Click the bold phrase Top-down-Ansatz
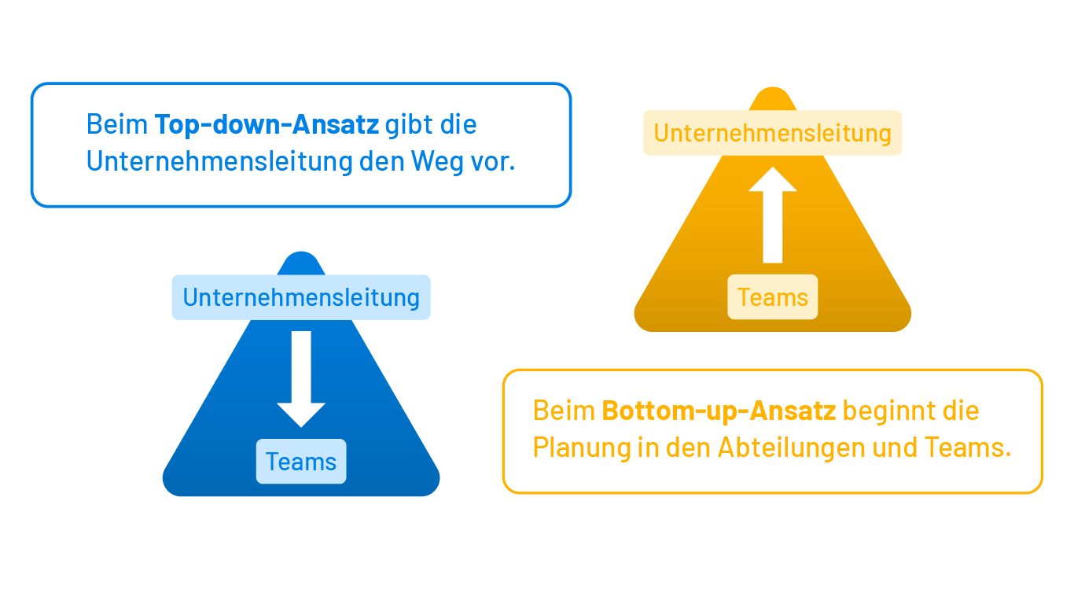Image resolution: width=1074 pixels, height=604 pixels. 267,124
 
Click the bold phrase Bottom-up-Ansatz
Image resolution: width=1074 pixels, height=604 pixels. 719,411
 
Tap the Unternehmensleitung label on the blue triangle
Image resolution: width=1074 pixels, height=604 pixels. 301,297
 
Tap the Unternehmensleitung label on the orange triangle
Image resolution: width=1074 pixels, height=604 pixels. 773,133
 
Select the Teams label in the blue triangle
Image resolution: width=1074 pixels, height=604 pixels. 301,462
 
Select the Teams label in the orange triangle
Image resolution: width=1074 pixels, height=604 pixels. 773,297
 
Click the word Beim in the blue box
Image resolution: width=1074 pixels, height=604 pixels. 117,124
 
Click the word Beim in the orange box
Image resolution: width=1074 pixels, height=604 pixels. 564,411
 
